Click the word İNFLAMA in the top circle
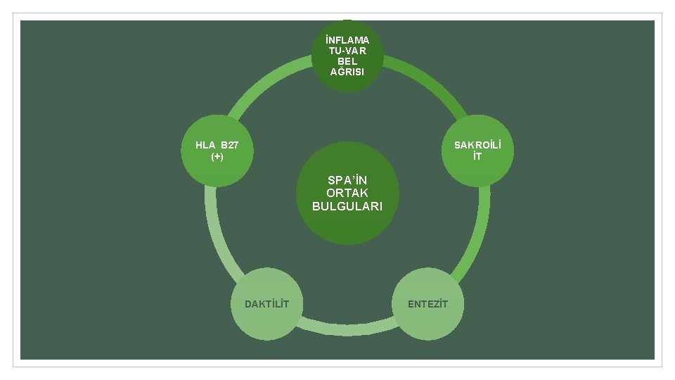click(347, 40)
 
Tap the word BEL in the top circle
click(347, 61)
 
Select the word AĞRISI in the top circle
click(347, 72)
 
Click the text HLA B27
click(217, 146)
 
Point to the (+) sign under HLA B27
click(217, 156)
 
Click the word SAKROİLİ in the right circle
click(478, 145)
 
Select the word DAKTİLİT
click(266, 304)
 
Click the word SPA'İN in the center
click(347, 180)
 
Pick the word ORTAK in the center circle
click(347, 193)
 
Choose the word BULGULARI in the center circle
click(347, 206)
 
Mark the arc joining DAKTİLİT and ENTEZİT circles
click(347, 328)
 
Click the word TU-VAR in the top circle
click(347, 51)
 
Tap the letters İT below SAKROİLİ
click(478, 156)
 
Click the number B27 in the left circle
click(229, 146)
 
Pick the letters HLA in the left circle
click(206, 146)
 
